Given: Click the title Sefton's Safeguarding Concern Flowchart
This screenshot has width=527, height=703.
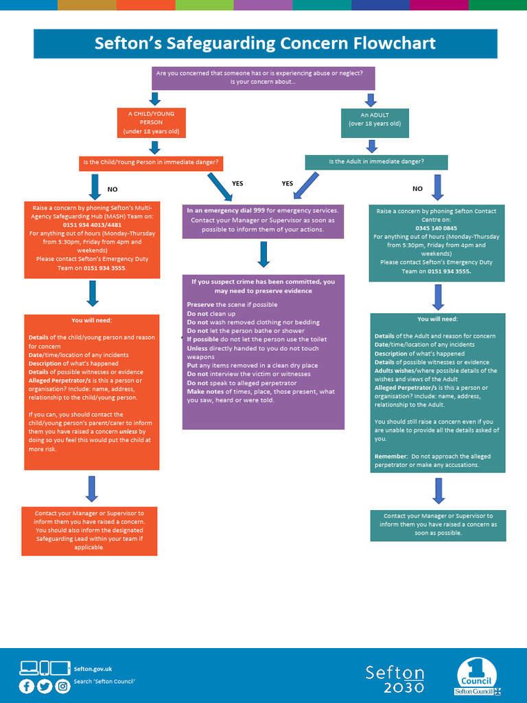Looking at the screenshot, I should [x=264, y=44].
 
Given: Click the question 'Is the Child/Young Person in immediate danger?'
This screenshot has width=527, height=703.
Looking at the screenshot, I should [x=150, y=163].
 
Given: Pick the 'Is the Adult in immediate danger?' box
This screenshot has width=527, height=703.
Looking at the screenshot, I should [x=376, y=162].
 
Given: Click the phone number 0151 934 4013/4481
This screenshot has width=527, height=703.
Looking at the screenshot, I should [x=92, y=224].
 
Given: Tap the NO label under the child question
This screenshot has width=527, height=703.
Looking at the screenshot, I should [x=113, y=189].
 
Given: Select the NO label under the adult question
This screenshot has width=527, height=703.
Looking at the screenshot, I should [x=417, y=188].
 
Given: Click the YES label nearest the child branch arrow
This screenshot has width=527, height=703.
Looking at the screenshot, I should [x=237, y=183].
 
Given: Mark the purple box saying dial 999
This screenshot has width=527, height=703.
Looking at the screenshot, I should [x=263, y=220].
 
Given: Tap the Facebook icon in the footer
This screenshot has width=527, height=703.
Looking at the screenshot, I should [x=27, y=686].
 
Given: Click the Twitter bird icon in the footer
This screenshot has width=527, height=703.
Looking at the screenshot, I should [x=45, y=686].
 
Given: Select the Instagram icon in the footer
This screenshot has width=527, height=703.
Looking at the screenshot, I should [x=62, y=686].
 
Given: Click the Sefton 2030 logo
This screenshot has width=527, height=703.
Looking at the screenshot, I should [x=395, y=679].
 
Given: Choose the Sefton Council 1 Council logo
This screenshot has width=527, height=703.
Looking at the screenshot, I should [x=478, y=676].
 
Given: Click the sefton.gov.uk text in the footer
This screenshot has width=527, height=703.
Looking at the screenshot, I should [x=93, y=669].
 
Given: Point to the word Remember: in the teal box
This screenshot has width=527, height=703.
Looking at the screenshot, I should [x=389, y=457].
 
